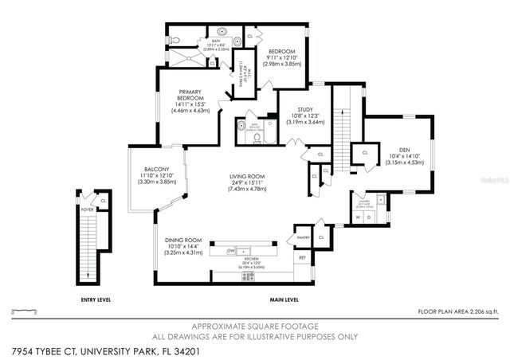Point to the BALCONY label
[155, 169]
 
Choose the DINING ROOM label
[183, 240]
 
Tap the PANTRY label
[303, 237]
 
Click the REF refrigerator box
[302, 257]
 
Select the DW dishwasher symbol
[231, 250]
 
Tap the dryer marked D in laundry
[369, 217]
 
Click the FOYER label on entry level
[87, 210]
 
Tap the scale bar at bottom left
[24, 312]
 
